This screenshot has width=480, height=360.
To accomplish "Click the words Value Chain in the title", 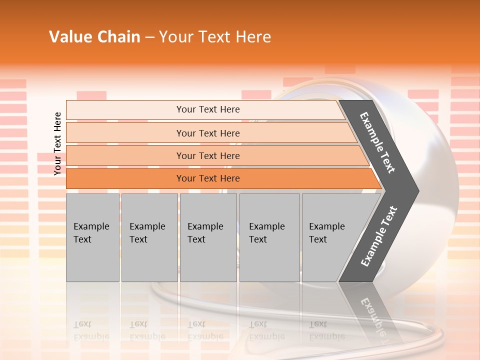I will tap(94, 37).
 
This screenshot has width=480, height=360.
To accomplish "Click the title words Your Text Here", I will tap(215, 37).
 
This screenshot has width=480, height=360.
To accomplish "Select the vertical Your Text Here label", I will tap(57, 143).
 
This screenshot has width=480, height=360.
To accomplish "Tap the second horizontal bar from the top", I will tap(207, 133).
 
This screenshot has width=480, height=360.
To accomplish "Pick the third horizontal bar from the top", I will tap(207, 155).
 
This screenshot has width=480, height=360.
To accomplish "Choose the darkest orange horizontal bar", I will tap(207, 178).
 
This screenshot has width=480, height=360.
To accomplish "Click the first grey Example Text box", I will tap(92, 237).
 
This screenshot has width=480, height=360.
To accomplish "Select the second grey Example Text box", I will tap(149, 237).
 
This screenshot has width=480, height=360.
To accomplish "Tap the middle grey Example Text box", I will tap(208, 237).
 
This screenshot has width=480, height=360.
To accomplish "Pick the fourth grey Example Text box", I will tap(269, 237).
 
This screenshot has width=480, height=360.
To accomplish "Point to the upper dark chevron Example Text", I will tap(377, 142).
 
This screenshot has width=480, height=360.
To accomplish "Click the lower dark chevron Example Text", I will tap(378, 236).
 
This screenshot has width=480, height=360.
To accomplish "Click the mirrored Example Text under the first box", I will tap(91, 330).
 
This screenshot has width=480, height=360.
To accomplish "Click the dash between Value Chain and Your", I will tap(149, 37).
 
